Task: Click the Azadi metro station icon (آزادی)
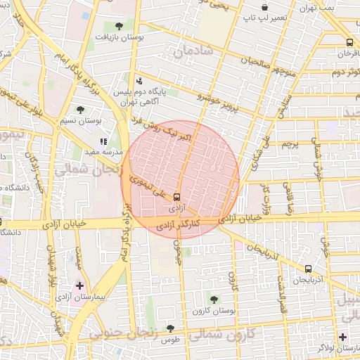pos(176,198)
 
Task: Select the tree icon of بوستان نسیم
pos(82,110)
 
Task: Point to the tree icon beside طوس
pos(169,328)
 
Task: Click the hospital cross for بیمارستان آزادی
pos(79,286)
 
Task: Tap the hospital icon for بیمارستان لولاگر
pos(342,337)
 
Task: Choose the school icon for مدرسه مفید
pos(103,141)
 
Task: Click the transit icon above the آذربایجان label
pos(308,269)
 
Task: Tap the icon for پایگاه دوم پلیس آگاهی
pos(139,81)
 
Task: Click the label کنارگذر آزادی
pos(183,224)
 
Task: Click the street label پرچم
pos(290,144)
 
